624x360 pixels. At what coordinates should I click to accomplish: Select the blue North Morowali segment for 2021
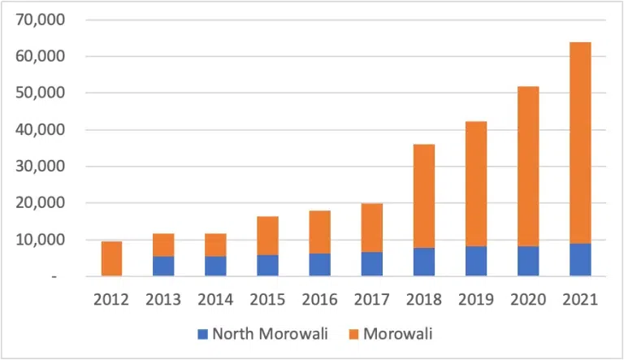tap(580, 260)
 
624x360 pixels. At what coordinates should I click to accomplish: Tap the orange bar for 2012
tap(112, 258)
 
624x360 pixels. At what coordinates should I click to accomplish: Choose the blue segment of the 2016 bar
tap(320, 265)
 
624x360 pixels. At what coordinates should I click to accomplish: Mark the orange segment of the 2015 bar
tap(268, 236)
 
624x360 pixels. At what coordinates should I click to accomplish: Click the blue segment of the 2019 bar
tap(476, 261)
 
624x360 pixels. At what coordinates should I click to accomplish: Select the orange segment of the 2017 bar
tap(372, 228)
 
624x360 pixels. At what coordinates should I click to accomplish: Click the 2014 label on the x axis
tap(216, 299)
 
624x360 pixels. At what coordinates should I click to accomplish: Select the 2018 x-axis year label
tap(424, 299)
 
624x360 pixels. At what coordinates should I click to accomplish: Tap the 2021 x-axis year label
tap(580, 299)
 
